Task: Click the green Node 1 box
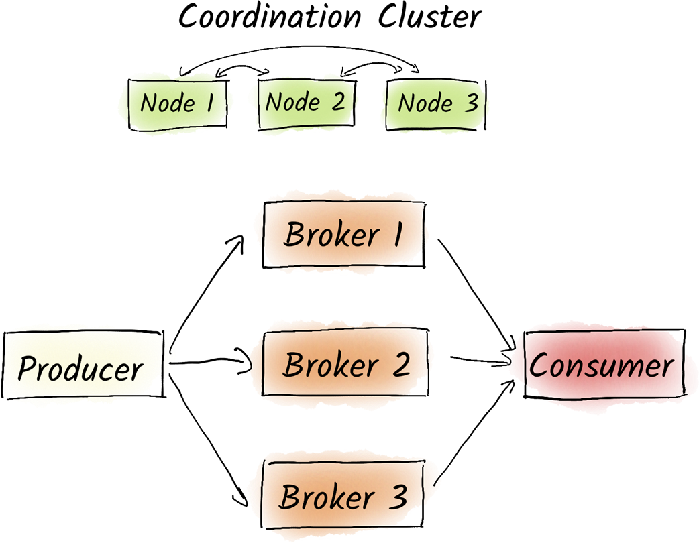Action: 176,103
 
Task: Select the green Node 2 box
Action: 305,102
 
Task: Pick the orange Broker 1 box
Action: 343,234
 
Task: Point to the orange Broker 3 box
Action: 343,497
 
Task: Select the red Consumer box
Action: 601,366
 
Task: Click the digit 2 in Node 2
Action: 337,102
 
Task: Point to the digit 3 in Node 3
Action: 471,103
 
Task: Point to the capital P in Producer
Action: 28,368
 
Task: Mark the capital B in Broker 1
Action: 294,235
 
